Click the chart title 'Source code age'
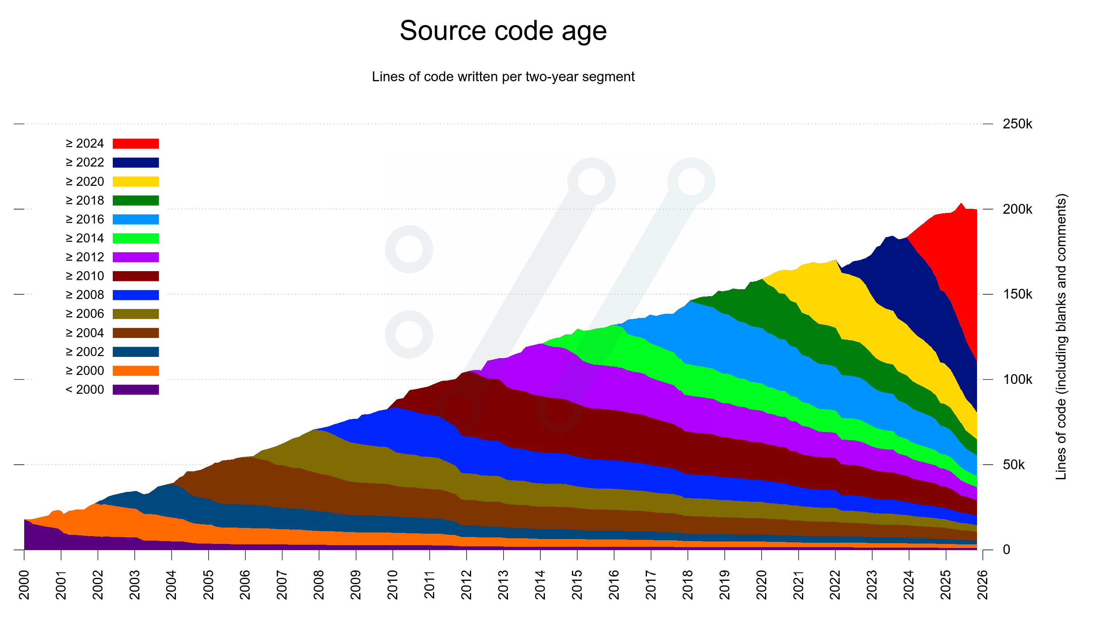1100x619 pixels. click(x=503, y=31)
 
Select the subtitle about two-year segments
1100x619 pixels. click(x=503, y=77)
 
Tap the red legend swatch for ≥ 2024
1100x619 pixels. click(x=136, y=144)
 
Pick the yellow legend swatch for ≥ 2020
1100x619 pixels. click(x=136, y=182)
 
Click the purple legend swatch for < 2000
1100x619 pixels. click(x=136, y=390)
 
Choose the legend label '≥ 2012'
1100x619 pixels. click(x=84, y=257)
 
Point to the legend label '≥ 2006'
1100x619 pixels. click(x=84, y=314)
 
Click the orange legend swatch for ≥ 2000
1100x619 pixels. click(x=136, y=371)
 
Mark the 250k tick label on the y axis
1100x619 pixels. click(x=1017, y=124)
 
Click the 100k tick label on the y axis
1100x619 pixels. click(x=1017, y=379)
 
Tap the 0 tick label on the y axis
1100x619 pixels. click(x=1007, y=550)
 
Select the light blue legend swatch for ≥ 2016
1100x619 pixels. click(x=136, y=219)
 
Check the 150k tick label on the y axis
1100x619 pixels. click(x=1017, y=295)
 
